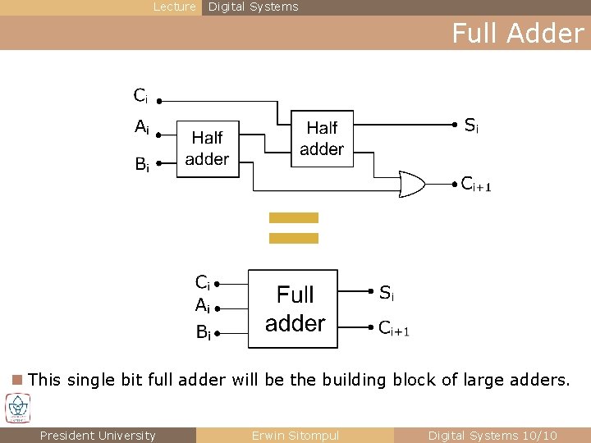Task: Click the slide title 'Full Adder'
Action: click(x=517, y=33)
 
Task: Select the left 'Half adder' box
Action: click(x=207, y=148)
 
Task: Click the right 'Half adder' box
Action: click(x=322, y=138)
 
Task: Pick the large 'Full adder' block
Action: click(x=293, y=308)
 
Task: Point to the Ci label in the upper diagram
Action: click(x=140, y=97)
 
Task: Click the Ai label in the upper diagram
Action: click(x=142, y=128)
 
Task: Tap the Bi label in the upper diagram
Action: click(x=142, y=164)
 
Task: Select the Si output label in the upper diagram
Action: click(x=471, y=126)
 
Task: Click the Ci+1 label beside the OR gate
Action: click(x=475, y=185)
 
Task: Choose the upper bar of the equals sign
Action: click(x=293, y=217)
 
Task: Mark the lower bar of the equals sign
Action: click(x=293, y=238)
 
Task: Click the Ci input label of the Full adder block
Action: click(x=202, y=283)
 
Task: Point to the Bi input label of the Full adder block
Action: click(x=203, y=332)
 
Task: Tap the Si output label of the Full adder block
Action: click(x=386, y=292)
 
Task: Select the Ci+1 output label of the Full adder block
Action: click(x=393, y=328)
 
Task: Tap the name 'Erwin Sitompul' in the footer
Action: click(x=295, y=436)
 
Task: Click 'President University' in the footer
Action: click(x=97, y=436)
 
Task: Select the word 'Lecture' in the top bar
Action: click(x=175, y=7)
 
